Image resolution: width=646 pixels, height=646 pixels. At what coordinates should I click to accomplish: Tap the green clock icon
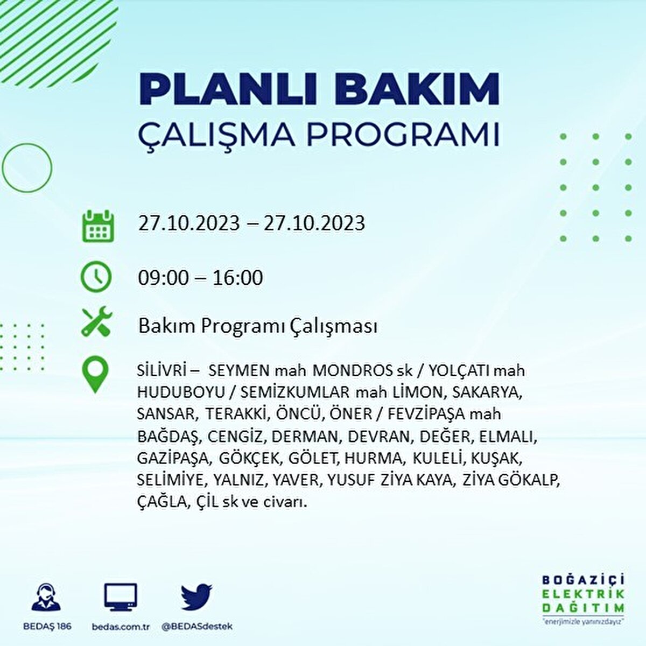point(96,277)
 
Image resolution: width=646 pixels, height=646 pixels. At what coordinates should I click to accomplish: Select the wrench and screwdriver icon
point(96,321)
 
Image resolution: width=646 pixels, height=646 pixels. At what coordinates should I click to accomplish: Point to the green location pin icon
point(95,374)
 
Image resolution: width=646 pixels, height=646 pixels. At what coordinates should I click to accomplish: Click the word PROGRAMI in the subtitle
point(404,135)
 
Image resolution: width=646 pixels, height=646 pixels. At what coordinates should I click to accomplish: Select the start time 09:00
point(164,278)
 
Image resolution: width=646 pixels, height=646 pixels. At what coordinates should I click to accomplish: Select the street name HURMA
point(374,458)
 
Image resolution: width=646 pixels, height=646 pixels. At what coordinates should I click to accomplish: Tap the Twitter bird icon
point(196,596)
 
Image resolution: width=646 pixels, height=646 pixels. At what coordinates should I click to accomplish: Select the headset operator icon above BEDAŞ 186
point(46,598)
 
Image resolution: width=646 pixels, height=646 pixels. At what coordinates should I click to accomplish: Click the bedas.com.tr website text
point(121,627)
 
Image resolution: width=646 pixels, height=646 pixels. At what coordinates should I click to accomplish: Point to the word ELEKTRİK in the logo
point(583,594)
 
